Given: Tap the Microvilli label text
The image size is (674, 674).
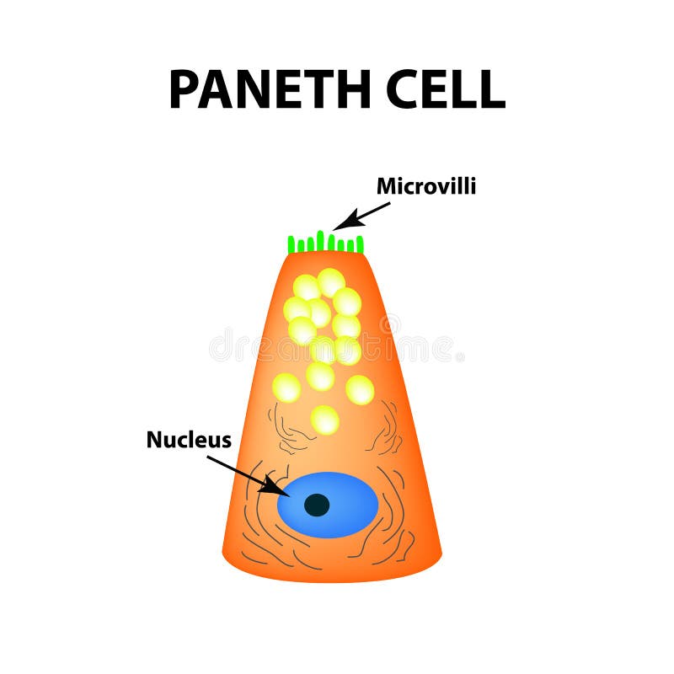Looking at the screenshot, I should coord(425,186).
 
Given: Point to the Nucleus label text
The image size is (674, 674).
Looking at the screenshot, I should coord(189,439).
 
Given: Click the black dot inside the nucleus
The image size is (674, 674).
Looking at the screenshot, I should coord(317,505).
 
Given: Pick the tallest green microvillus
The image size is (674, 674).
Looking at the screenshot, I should coord(320,240).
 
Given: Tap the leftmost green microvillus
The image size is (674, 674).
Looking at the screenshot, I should coord(292,245).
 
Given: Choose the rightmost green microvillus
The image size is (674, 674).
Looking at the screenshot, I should coord(361,244).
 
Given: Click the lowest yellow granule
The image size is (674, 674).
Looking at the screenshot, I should coord(324,419).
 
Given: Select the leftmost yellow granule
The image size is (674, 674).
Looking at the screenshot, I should coord(286,388).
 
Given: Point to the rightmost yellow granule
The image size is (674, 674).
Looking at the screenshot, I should coord(360,389).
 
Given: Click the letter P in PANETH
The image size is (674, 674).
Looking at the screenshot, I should coord(183,88).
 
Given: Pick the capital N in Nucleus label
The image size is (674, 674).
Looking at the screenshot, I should coord(154,439).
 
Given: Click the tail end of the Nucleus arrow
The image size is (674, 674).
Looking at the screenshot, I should coord(207,457).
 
